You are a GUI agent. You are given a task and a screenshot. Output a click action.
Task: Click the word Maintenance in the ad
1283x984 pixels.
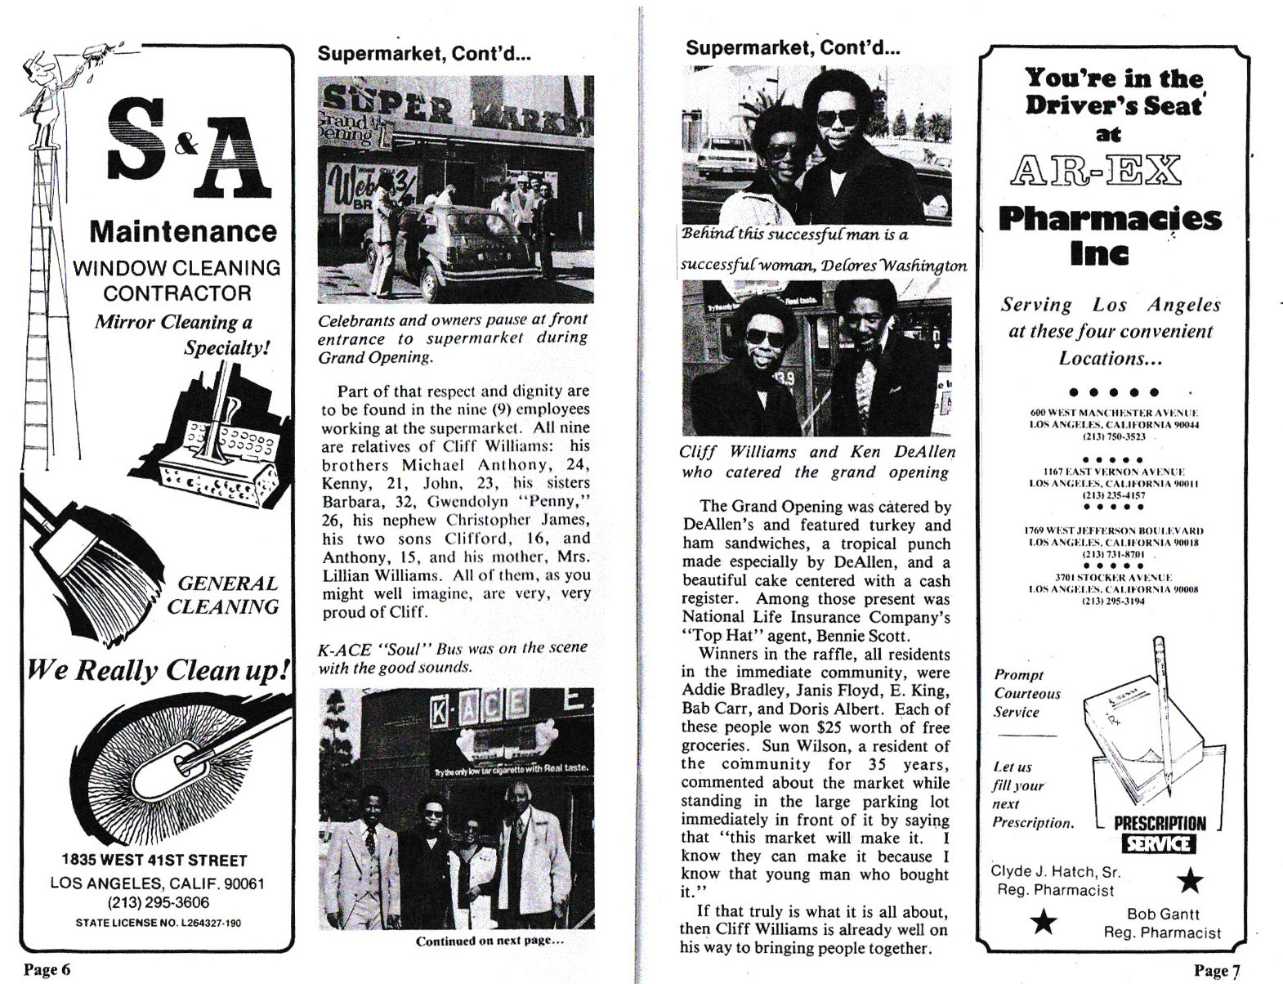pyautogui.click(x=183, y=231)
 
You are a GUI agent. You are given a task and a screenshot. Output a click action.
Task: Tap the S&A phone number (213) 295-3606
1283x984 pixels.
pyautogui.click(x=158, y=902)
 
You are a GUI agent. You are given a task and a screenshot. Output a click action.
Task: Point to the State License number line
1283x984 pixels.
pyautogui.click(x=158, y=923)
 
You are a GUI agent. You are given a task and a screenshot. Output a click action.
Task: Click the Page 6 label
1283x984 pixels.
pyautogui.click(x=47, y=969)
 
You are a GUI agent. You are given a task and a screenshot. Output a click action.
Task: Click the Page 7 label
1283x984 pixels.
pyautogui.click(x=1217, y=970)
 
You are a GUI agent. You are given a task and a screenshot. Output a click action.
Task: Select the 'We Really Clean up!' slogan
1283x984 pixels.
pyautogui.click(x=158, y=670)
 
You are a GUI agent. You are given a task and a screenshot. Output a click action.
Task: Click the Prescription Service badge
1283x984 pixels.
pyautogui.click(x=1159, y=834)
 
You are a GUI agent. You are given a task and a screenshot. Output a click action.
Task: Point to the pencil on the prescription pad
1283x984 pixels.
pyautogui.click(x=1163, y=711)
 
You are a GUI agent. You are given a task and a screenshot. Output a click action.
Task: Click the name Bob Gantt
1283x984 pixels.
pyautogui.click(x=1163, y=914)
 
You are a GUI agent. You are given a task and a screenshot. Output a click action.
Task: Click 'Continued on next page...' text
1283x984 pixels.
pyautogui.click(x=490, y=941)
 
